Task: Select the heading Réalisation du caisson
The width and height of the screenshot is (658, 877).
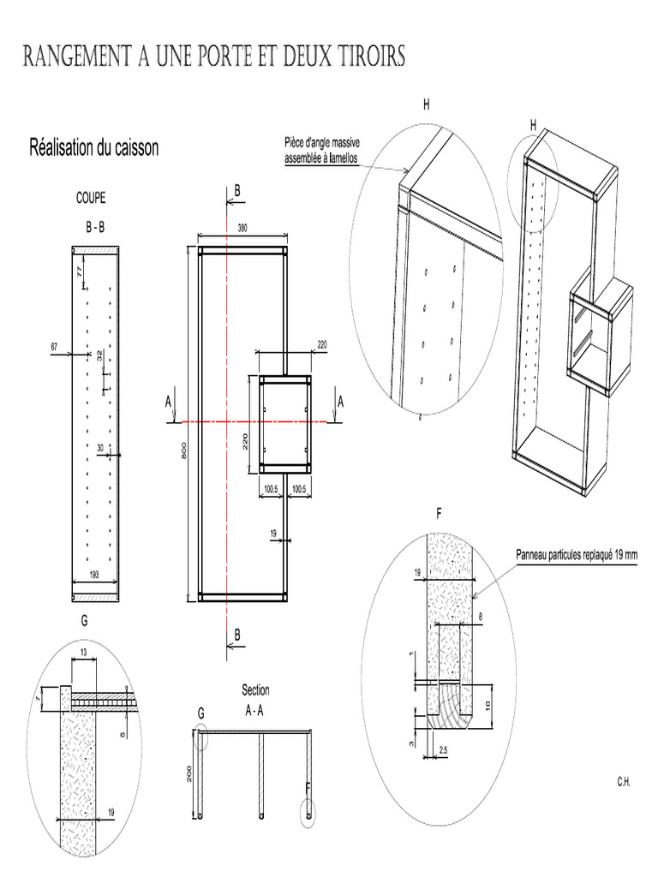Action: point(94,148)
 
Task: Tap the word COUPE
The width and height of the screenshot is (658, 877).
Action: point(92,198)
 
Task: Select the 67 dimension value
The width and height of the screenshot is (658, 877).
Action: point(54,347)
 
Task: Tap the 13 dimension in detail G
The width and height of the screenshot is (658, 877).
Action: point(82,653)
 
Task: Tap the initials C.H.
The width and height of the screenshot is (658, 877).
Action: point(622,782)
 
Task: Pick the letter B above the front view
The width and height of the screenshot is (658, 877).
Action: point(237,189)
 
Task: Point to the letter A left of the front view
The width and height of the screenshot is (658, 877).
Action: point(169,401)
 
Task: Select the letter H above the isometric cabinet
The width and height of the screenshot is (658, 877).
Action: point(533,125)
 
